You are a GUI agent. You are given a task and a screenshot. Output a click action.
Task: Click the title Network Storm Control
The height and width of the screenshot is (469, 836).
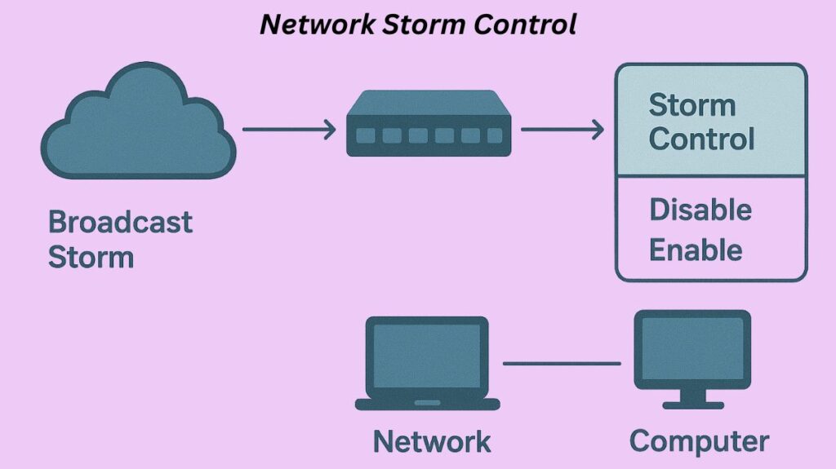click(x=418, y=24)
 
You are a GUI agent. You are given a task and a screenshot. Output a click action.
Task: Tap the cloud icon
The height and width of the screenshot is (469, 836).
click(x=139, y=122)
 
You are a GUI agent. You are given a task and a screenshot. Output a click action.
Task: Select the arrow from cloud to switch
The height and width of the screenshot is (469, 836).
click(x=289, y=129)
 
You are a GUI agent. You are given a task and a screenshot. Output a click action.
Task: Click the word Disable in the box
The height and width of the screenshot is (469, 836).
click(x=700, y=210)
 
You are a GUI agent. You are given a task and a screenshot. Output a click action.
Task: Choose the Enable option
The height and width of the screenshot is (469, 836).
click(x=695, y=250)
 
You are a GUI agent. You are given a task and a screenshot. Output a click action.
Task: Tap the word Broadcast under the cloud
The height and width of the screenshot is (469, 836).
click(x=120, y=222)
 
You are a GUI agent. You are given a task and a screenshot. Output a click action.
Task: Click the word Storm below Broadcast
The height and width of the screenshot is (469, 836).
click(x=91, y=258)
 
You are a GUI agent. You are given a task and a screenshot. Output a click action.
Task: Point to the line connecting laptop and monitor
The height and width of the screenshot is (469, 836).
click(x=562, y=363)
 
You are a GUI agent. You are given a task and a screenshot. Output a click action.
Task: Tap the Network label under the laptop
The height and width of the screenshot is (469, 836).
click(x=432, y=442)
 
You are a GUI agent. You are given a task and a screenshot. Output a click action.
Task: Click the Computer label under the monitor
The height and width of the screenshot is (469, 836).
click(x=699, y=442)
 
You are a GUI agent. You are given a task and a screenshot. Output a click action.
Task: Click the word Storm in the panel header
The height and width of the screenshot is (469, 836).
click(x=691, y=104)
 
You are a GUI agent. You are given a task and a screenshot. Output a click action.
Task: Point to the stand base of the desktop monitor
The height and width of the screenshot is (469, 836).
click(x=692, y=404)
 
